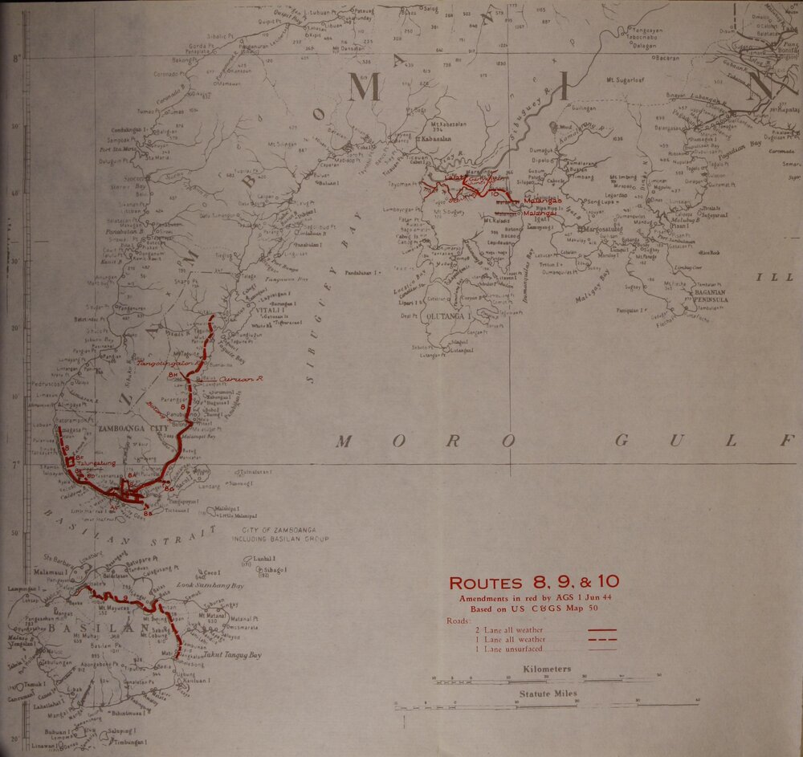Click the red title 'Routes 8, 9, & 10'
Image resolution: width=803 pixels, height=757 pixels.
pos(533,583)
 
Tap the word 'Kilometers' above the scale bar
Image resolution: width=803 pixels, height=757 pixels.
pos(546,669)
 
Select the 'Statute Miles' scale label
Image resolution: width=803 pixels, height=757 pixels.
pos(549,694)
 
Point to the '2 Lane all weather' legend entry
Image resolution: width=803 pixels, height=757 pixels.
pos(507,630)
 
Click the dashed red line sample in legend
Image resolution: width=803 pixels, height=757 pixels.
pos(602,640)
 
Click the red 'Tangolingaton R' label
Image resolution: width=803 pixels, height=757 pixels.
pos(169,364)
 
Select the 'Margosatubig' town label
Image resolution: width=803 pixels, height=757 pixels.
pos(600,230)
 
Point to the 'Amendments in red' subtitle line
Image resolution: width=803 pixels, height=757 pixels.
pos(532,599)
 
